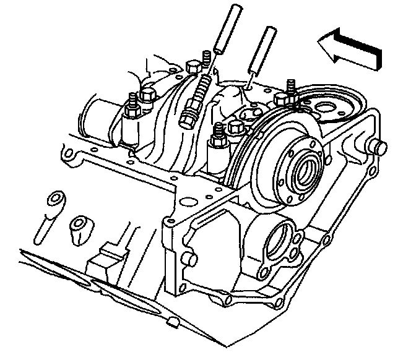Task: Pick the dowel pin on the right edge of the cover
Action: point(378,148)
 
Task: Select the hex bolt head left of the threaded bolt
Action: point(193,67)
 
